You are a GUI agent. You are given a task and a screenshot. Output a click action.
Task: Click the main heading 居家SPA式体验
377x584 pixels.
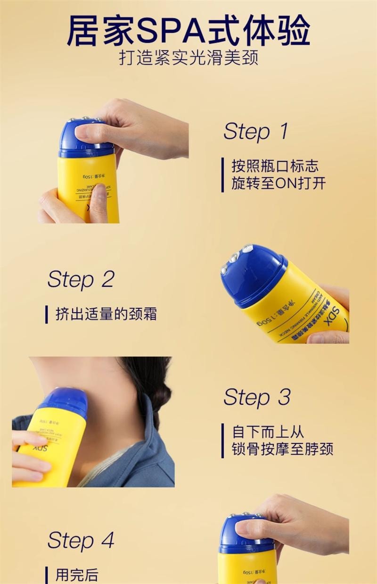188,32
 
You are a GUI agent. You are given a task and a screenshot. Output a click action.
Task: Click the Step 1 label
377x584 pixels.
255,131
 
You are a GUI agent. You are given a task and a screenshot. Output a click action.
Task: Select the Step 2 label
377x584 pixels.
81,279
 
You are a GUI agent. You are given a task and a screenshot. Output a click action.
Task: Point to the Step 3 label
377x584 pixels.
257,397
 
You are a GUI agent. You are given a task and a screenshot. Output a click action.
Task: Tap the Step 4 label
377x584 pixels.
81,541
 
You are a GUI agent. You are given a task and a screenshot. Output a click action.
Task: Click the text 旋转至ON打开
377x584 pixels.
278,184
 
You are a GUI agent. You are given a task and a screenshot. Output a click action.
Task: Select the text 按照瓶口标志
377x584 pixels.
275,166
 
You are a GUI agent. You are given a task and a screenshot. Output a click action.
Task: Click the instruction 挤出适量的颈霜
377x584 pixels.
106,314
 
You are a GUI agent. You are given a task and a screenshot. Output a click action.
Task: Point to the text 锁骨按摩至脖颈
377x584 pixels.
282,449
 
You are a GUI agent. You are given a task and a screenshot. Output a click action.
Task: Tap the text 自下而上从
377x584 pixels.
268,432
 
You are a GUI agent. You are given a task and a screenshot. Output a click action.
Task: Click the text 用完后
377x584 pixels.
77,575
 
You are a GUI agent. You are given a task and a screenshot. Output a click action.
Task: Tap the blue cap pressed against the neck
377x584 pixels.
66,401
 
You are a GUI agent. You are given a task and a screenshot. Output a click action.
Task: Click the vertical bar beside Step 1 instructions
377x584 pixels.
223,175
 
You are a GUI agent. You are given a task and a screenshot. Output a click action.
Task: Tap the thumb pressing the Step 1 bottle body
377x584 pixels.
98,203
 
